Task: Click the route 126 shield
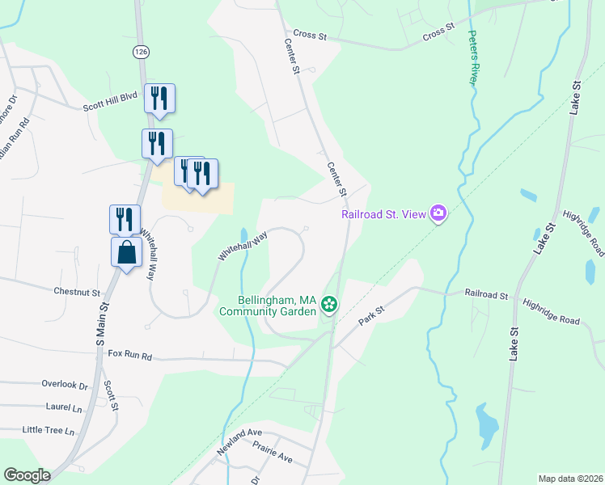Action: click(x=142, y=51)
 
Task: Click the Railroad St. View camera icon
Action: click(x=438, y=213)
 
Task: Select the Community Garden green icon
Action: click(x=329, y=304)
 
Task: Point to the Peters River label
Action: click(x=473, y=58)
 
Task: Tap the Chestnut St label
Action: click(x=77, y=291)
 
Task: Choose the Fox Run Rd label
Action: click(x=130, y=354)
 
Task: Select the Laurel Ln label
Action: click(x=65, y=409)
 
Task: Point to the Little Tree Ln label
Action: click(x=49, y=430)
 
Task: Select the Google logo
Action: click(x=27, y=475)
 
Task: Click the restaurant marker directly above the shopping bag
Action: click(x=125, y=219)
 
